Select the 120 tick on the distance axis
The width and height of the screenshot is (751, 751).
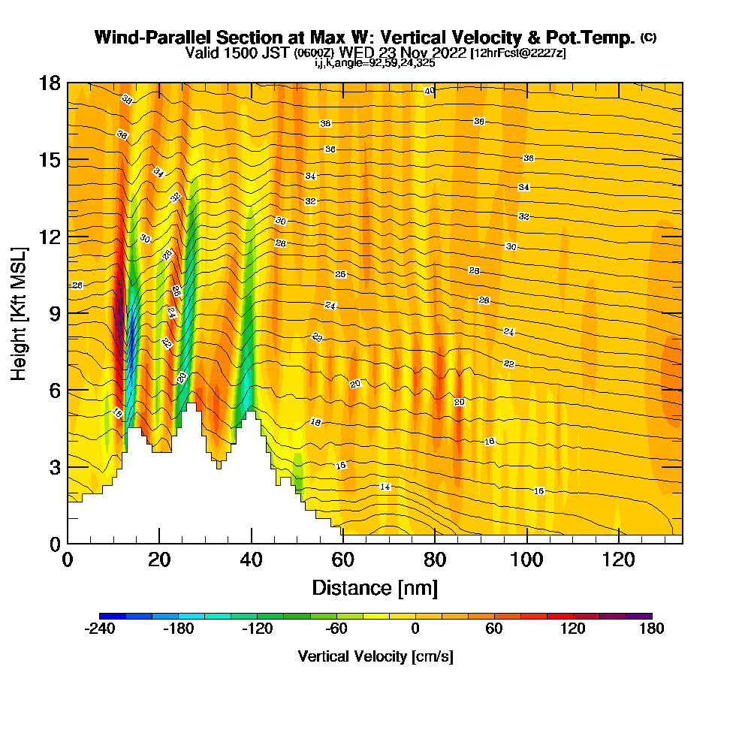point(619,559)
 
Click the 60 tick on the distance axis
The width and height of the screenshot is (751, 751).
point(343,559)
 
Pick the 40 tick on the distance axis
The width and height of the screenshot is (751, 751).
point(251,559)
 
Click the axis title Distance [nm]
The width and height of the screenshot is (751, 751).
point(375,587)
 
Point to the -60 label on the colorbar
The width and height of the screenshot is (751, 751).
point(336,629)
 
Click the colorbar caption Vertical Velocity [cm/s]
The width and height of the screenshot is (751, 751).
point(375,656)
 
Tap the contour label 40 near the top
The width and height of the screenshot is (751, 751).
point(429,91)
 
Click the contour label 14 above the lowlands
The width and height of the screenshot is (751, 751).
point(385,487)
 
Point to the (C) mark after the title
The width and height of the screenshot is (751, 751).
point(648,38)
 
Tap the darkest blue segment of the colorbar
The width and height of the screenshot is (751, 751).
point(106,616)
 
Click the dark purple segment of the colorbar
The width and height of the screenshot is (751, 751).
point(644,616)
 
